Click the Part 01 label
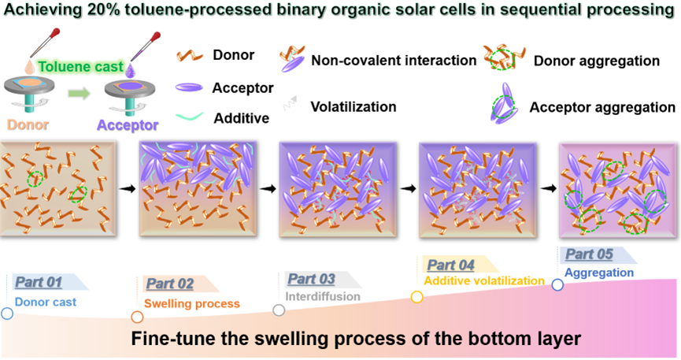coord(39,282)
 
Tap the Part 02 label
coord(170,284)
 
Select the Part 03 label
coord(312,279)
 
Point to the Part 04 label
coord(451,265)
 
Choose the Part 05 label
coord(589,254)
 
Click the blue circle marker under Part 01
coord(7,314)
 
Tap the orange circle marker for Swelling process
coord(137,317)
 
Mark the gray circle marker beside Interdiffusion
coord(279,310)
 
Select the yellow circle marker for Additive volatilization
coord(417,297)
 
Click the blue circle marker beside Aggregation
coord(557,285)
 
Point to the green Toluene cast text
coord(81,67)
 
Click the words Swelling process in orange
coord(192,303)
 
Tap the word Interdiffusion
coord(323,296)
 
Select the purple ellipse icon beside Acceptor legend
coord(189,87)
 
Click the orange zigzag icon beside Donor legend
coord(190,56)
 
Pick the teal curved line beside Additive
coord(190,116)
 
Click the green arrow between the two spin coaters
coord(79,94)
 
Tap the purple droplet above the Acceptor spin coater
coord(130,69)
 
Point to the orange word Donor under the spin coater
coord(28,124)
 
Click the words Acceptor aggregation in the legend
coord(602,107)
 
